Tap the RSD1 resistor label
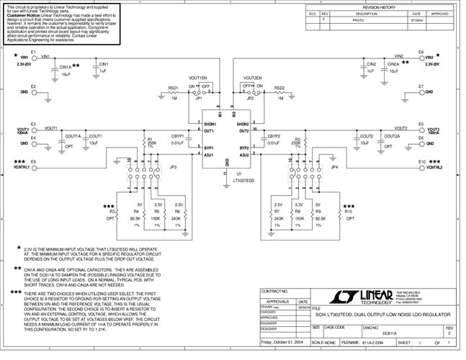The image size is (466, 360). click(173, 88)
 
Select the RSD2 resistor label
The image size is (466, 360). click(280, 88)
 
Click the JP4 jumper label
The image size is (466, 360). click(334, 167)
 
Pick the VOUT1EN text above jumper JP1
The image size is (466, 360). click(197, 77)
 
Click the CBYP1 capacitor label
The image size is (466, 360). click(176, 135)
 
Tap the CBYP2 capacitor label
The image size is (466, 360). click(274, 135)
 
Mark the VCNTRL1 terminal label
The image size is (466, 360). click(19, 167)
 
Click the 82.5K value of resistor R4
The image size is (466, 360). click(135, 217)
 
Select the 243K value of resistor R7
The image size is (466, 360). click(279, 217)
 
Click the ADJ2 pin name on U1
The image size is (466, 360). click(244, 154)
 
